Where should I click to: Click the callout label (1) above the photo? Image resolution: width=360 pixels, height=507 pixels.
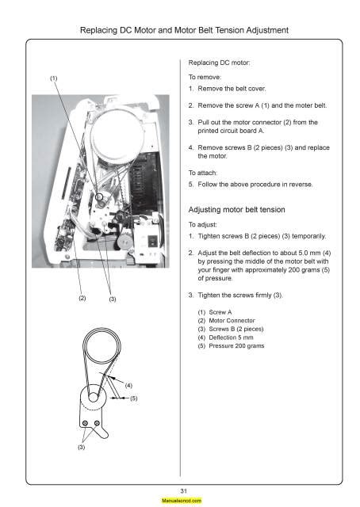(x=54, y=78)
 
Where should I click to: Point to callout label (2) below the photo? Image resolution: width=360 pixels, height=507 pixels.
(x=82, y=299)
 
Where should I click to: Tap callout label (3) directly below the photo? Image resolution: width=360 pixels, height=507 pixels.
(x=112, y=299)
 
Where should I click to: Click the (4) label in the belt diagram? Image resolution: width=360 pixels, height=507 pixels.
(x=127, y=385)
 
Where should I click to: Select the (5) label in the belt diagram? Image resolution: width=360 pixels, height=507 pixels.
(x=134, y=398)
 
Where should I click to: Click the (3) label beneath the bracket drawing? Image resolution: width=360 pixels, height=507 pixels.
(x=82, y=448)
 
